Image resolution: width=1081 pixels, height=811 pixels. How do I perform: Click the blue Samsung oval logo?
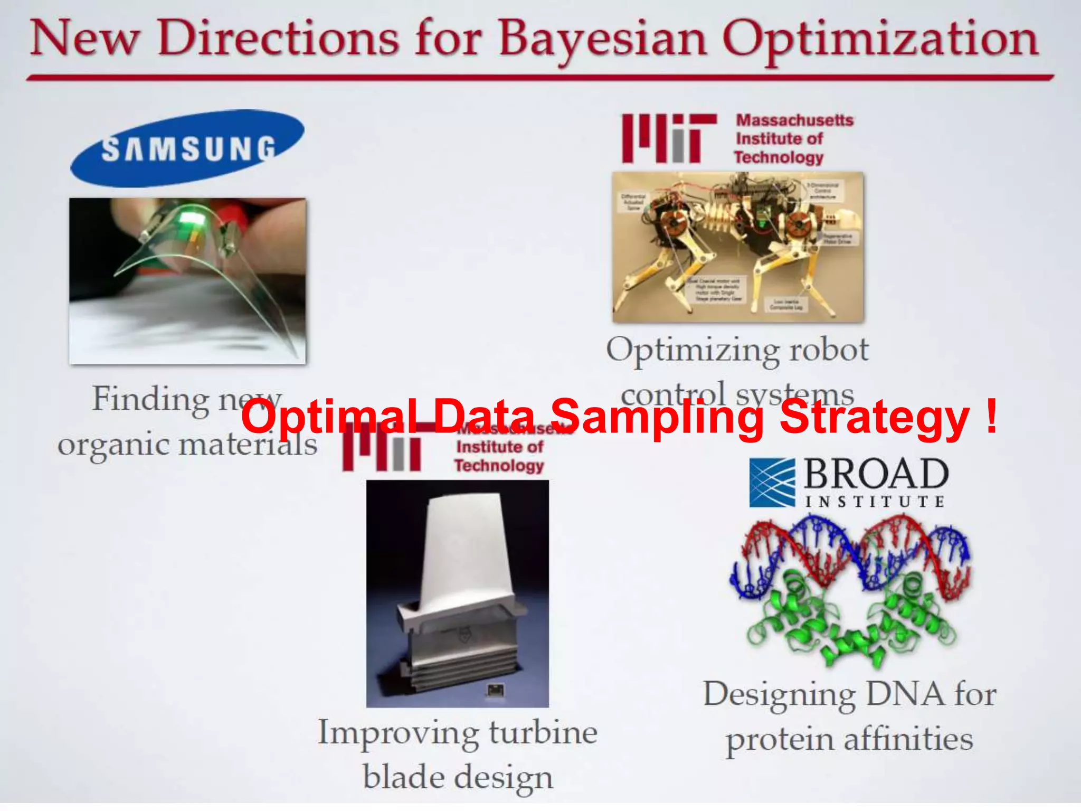point(187,148)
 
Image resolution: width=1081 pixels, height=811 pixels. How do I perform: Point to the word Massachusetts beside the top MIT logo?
point(795,120)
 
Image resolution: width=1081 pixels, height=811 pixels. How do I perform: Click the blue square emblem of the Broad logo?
point(772,483)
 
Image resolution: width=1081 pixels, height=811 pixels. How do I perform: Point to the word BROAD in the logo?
point(876,474)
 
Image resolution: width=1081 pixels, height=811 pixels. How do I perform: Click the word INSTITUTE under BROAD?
point(874,502)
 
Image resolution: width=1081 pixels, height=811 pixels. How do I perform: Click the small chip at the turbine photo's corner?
point(495,690)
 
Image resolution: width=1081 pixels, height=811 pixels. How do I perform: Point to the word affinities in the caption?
point(908,739)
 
